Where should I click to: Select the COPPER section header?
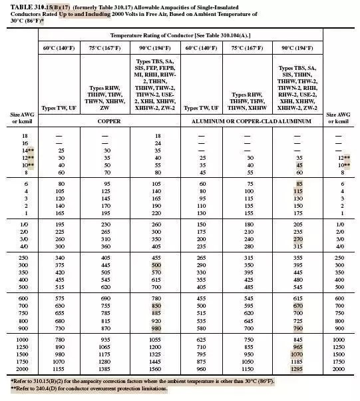pos(108,123)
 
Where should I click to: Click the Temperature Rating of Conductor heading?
pos(181,35)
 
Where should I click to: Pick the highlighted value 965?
pos(297,347)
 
